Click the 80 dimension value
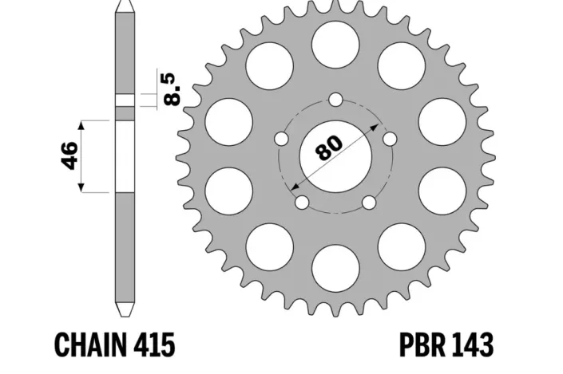tap(328, 148)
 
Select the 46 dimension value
tap(69, 156)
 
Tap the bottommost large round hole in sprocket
tap(335, 265)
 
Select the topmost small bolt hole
tap(335, 100)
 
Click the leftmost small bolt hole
tap(281, 139)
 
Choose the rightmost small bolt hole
tap(390, 139)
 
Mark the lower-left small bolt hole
tap(302, 203)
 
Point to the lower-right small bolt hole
tap(369, 203)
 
